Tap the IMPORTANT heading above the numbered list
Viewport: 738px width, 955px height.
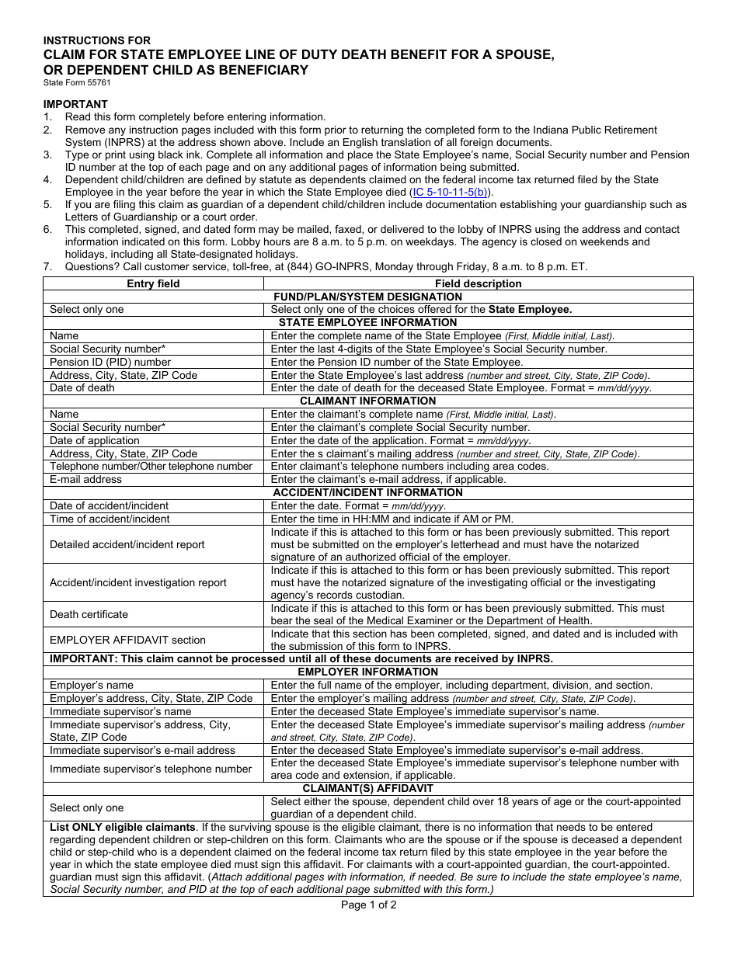[75, 104]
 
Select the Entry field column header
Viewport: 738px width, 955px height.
[153, 283]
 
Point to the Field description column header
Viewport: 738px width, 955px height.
[478, 283]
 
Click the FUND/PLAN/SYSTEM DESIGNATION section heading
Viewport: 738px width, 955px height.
[367, 297]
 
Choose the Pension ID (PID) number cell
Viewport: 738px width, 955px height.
[110, 362]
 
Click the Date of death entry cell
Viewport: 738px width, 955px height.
[82, 387]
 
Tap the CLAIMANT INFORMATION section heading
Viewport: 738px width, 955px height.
[367, 401]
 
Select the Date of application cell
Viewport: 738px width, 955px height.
[95, 440]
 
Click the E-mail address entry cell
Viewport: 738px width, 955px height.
[86, 479]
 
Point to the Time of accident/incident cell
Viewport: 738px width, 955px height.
[110, 519]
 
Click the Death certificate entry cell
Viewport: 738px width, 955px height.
[89, 614]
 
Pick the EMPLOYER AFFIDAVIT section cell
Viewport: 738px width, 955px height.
[127, 640]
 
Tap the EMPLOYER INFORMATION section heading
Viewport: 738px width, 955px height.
[367, 672]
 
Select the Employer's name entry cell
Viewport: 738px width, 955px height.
[92, 685]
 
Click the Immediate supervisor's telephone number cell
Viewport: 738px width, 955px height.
[151, 769]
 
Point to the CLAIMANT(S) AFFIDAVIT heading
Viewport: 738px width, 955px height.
[367, 788]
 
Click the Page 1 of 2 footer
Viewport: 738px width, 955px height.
[368, 905]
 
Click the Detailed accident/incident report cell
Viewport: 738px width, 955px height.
[127, 544]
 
